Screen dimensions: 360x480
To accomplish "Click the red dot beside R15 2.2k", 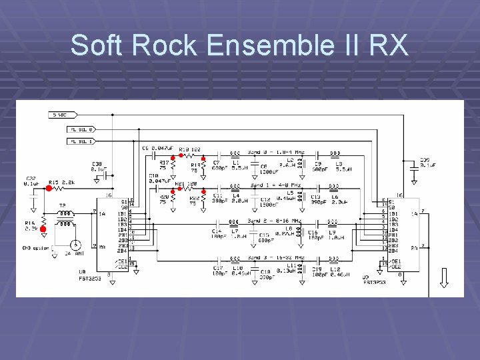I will click(x=49, y=189).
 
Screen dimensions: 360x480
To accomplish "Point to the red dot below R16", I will click(x=43, y=229).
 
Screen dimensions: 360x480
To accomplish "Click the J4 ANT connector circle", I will click(x=77, y=245).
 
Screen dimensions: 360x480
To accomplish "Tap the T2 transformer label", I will click(x=63, y=205).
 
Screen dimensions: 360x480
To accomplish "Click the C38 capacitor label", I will click(x=97, y=166).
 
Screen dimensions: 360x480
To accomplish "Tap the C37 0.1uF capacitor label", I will click(x=31, y=181).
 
